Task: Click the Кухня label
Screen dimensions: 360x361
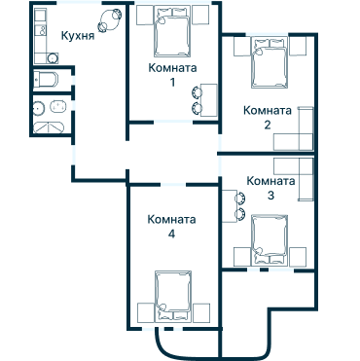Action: coord(78,35)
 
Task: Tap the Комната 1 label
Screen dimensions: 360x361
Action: coord(172,75)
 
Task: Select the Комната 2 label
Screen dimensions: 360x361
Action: coord(268,118)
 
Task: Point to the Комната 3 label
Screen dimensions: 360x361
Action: coord(270,188)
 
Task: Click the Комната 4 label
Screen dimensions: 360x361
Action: coord(171,226)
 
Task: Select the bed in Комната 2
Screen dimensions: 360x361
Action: coord(270,62)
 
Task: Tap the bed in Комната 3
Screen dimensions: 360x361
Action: coord(270,240)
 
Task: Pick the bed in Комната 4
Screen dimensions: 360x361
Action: coord(173,296)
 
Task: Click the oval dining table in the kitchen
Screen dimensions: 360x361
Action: coord(110,20)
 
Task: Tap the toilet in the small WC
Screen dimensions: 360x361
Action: coord(47,80)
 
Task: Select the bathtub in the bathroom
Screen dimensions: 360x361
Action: coord(49,127)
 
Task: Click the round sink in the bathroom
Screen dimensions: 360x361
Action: coord(39,107)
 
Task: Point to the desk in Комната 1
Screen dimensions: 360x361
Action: coord(209,100)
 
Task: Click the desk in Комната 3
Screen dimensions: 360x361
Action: coord(230,206)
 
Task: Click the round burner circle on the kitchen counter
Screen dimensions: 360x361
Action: coord(53,58)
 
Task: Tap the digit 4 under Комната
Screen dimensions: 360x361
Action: coord(171,234)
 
